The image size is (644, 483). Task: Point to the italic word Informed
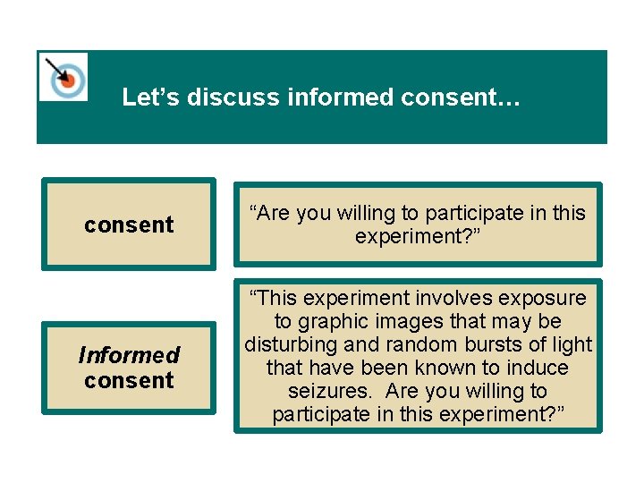(x=129, y=355)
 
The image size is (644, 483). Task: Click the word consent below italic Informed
(x=129, y=380)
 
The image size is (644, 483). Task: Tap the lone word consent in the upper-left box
(x=129, y=225)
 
